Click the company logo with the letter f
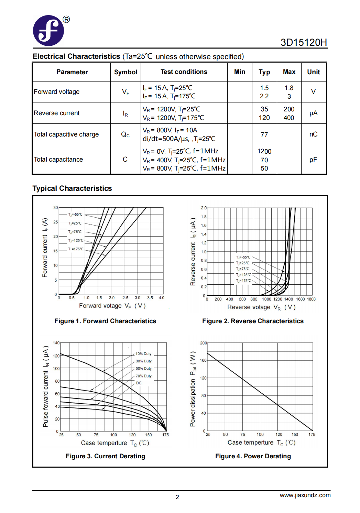(x=48, y=31)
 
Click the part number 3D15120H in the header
(x=304, y=42)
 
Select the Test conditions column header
(x=184, y=72)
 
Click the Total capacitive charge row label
(x=66, y=134)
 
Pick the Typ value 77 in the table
(x=264, y=134)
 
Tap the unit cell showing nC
(x=313, y=134)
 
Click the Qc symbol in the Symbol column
(x=125, y=134)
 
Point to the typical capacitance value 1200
(x=264, y=151)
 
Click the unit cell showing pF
(x=313, y=160)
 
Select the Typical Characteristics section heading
(x=72, y=188)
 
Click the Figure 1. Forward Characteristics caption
(x=105, y=321)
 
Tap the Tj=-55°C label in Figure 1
(x=75, y=215)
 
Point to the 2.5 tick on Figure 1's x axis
(x=125, y=298)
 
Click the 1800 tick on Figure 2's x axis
(x=311, y=299)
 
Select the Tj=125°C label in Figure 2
(x=243, y=275)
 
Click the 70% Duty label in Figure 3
(x=144, y=376)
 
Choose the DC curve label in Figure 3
(x=139, y=383)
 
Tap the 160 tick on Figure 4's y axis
(x=203, y=360)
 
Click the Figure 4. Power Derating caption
(x=253, y=456)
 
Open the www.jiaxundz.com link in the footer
(x=305, y=495)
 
